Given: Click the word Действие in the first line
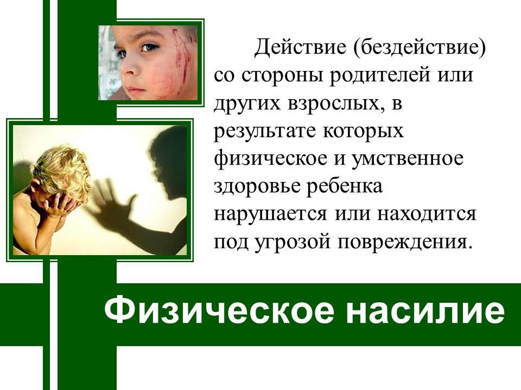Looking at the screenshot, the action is tap(300, 48).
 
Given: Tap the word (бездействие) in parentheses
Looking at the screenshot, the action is tap(420, 48).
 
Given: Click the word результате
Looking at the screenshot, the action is tap(264, 131).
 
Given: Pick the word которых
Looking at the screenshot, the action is tap(363, 131).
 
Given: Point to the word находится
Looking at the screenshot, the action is tap(427, 214).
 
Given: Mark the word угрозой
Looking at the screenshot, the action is tap(293, 242).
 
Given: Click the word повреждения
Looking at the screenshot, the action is tap(404, 242).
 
